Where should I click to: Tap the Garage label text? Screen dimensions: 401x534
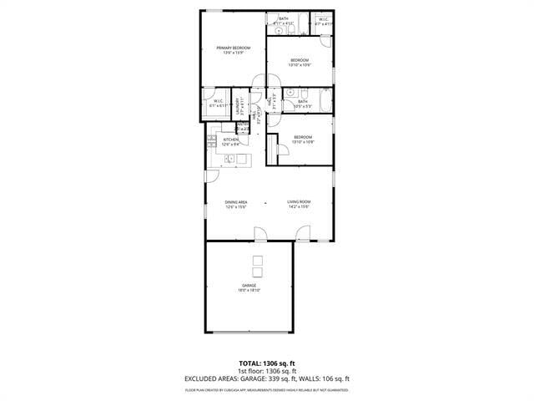(x=249, y=286)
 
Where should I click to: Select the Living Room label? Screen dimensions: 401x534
(x=300, y=201)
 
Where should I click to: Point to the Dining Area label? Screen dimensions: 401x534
(x=236, y=201)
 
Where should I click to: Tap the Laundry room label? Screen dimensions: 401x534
(x=239, y=105)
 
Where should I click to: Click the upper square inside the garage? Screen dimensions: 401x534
(x=258, y=258)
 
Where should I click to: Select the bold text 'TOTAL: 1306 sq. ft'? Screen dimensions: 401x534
(x=267, y=363)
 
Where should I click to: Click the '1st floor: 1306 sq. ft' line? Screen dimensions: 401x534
(x=267, y=371)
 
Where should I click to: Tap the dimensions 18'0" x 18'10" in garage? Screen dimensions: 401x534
(x=249, y=291)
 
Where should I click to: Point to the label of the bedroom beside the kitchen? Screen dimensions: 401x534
(x=302, y=137)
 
